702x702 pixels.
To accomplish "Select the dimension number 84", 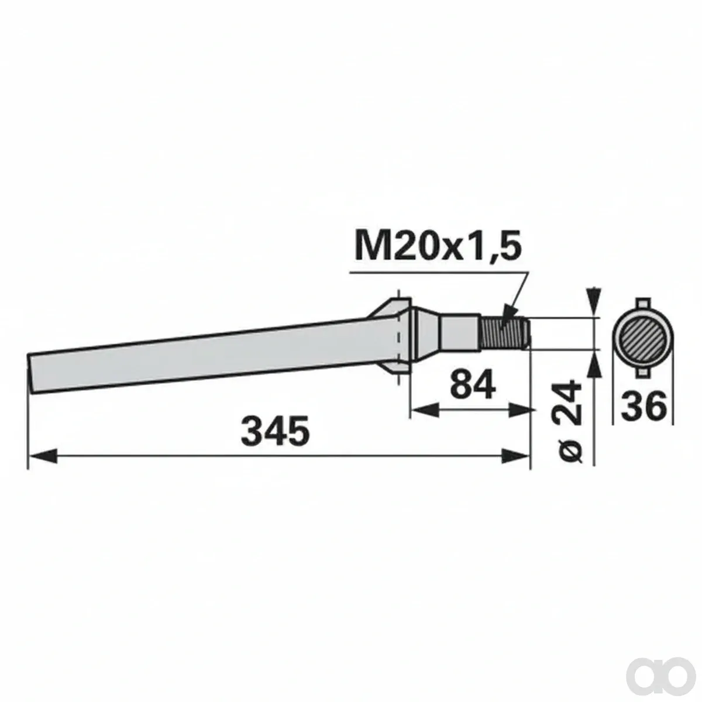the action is [473, 384].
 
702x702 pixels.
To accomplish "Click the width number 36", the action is [643, 405].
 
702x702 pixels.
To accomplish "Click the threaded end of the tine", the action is [504, 333].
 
